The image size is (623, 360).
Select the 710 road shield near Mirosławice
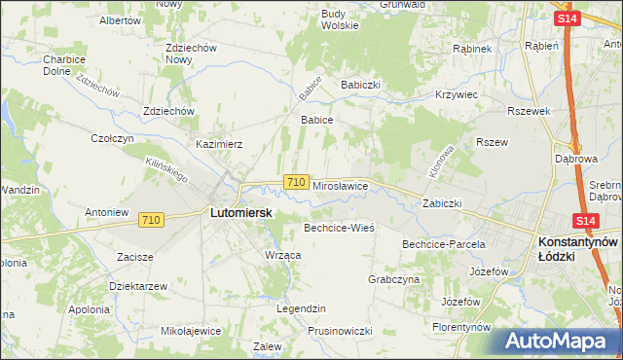click(x=298, y=182)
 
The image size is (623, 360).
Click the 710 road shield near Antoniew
click(x=150, y=221)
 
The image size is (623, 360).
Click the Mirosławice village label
click(x=339, y=184)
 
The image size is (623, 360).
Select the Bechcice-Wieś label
click(x=340, y=227)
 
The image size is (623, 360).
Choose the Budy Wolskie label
click(x=340, y=19)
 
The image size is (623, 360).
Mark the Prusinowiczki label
click(x=340, y=330)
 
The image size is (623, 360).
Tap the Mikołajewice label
click(x=192, y=330)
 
